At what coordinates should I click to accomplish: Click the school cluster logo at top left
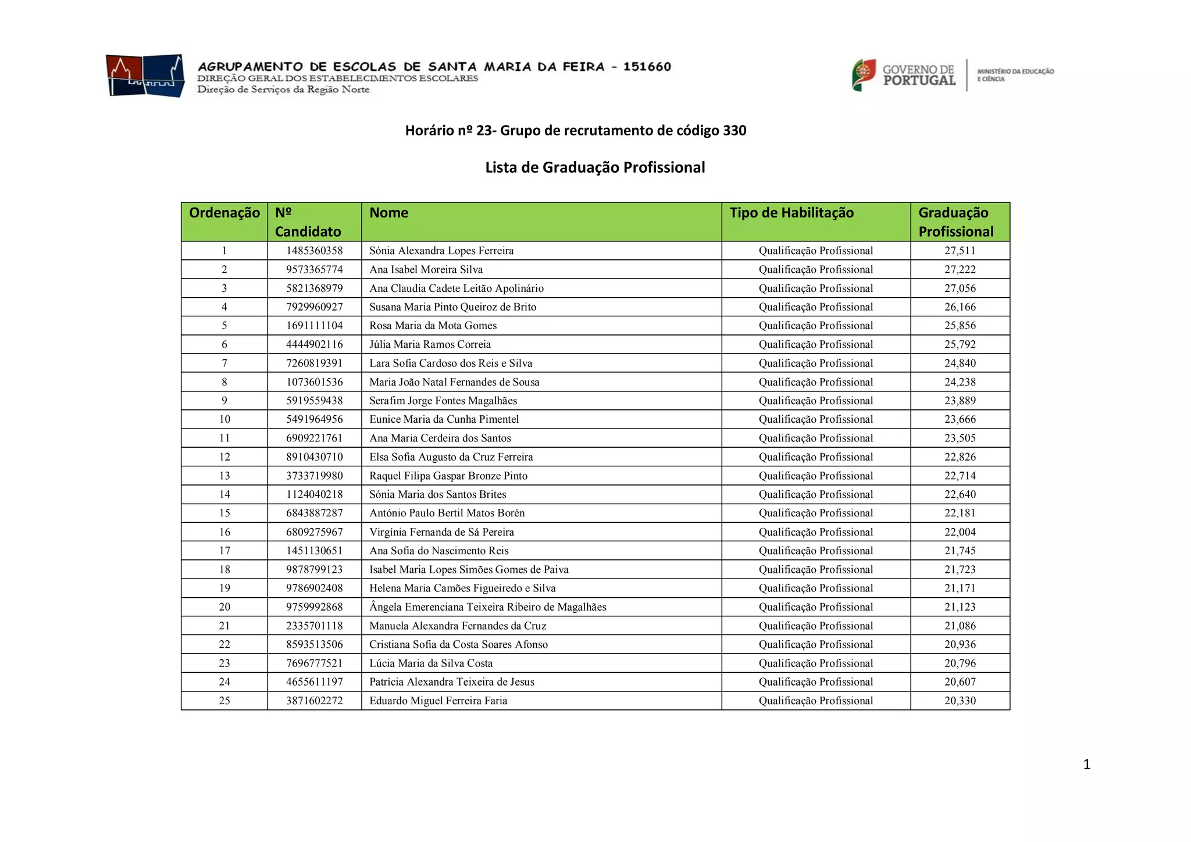coord(145,76)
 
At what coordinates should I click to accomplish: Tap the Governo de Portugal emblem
coord(864,75)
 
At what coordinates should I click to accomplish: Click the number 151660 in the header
coord(647,67)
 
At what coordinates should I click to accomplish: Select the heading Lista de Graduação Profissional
coord(595,167)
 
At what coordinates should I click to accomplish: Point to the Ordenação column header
coord(224,213)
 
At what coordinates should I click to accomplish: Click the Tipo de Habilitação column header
coord(791,213)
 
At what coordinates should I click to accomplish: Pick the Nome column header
coord(388,213)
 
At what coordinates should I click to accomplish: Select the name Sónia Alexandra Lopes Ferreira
coord(441,251)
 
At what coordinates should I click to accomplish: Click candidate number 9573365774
coord(315,269)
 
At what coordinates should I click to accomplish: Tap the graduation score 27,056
coord(960,288)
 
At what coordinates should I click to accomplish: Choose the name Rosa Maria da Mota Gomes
coord(433,326)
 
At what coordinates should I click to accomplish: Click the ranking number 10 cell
coord(224,419)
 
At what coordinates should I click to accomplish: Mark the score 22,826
coord(960,457)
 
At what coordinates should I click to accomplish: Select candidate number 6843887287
coord(315,513)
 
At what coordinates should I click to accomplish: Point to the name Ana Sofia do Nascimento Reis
coord(438,551)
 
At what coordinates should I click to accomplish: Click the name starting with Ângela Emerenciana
coord(487,607)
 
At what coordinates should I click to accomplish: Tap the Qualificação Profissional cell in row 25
coord(816,701)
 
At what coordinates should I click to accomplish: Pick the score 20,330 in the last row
coord(960,701)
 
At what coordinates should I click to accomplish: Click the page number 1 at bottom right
coord(1086,764)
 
